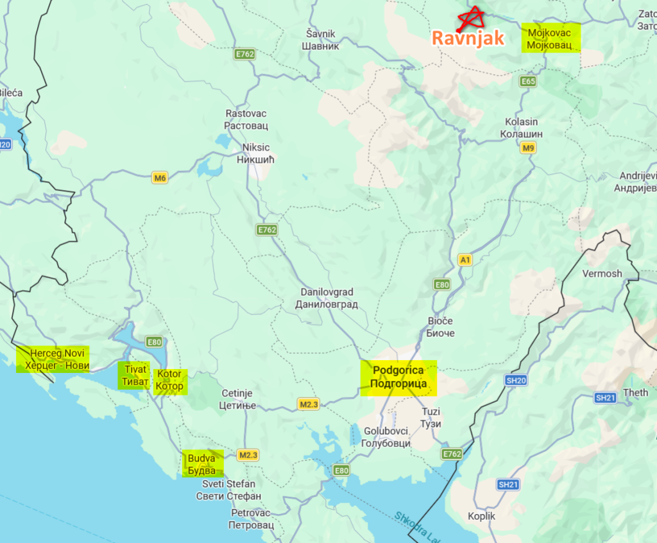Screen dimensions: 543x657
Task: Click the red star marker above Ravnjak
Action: (472, 18)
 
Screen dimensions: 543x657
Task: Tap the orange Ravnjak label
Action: (468, 38)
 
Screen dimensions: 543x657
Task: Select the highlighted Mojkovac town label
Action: (550, 38)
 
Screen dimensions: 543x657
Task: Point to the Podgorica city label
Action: (398, 377)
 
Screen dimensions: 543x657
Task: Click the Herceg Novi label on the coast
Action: (53, 359)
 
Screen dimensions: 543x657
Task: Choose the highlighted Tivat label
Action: (134, 375)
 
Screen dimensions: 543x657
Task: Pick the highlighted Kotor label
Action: (169, 380)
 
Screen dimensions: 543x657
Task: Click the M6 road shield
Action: (160, 178)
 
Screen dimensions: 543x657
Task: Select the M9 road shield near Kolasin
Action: (528, 148)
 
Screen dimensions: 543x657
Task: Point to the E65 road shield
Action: (528, 82)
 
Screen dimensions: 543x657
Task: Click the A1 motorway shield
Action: (465, 260)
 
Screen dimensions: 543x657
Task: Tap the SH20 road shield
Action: (516, 381)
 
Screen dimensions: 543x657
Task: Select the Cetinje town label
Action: (237, 399)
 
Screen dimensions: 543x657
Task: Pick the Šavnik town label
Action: (321, 39)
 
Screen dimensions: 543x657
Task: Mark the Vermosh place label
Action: (602, 273)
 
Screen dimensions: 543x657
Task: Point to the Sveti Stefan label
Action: (228, 490)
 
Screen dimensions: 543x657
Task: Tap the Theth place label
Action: (635, 392)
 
